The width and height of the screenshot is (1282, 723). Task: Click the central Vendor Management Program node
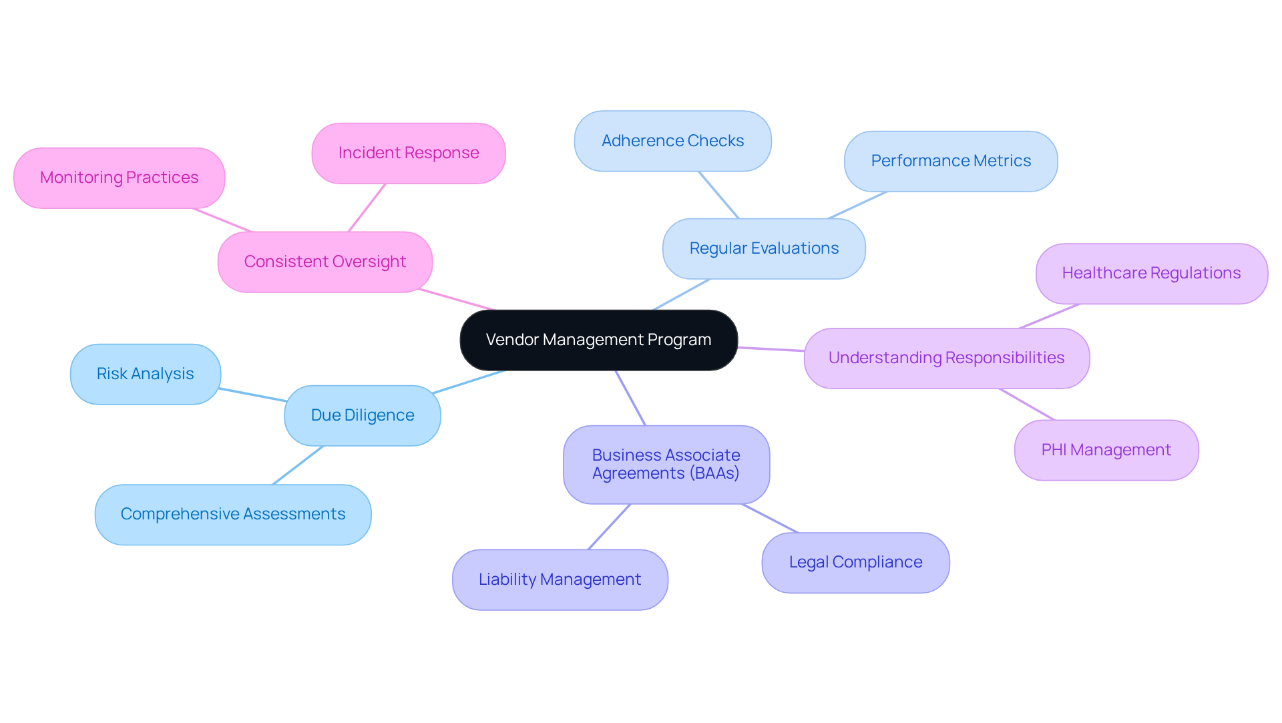point(598,340)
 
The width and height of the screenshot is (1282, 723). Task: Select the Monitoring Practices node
point(119,178)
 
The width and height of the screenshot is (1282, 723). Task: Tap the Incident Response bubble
point(408,153)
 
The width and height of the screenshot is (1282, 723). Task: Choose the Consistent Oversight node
point(325,262)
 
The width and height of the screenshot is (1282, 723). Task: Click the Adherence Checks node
point(672,141)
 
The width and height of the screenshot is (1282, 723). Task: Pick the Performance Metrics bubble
point(950,161)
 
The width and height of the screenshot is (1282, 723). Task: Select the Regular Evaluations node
point(764,248)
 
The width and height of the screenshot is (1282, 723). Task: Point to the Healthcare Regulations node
point(1151,273)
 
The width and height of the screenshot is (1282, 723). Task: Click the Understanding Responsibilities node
point(946,358)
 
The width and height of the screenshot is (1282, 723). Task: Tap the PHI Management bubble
point(1106,450)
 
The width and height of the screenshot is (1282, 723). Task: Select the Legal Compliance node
point(855,562)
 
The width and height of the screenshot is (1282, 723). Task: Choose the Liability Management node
point(560,579)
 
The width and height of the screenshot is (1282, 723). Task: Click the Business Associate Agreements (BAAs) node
point(666,464)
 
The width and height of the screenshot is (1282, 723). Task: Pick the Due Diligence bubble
point(362,415)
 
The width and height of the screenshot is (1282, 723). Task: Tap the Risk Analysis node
point(145,374)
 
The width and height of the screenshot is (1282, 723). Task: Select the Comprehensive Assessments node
point(232,514)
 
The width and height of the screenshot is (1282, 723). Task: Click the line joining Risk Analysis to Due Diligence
point(253,395)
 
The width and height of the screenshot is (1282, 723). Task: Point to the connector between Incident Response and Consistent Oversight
point(367,208)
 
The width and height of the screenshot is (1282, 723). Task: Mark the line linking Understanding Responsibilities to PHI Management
point(1027,405)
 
